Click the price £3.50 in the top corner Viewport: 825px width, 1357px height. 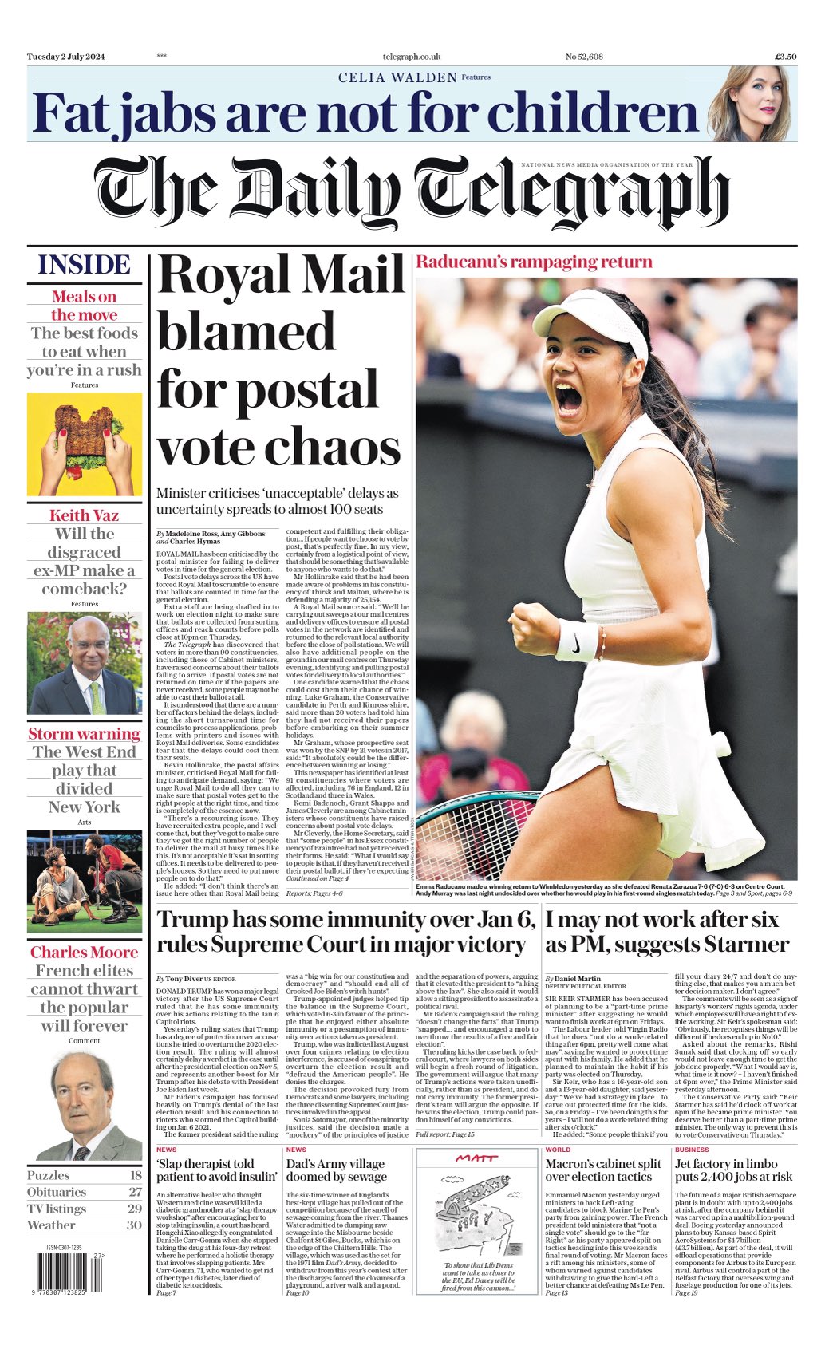click(x=785, y=57)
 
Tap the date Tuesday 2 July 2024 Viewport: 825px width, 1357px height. click(x=66, y=57)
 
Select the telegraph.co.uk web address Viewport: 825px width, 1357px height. click(x=412, y=57)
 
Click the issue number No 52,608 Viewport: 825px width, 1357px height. click(x=584, y=57)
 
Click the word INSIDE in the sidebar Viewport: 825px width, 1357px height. click(x=85, y=265)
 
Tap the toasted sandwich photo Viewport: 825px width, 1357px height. click(x=85, y=444)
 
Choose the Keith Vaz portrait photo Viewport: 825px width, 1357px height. click(x=85, y=663)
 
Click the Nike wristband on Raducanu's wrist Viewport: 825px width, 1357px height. click(x=576, y=640)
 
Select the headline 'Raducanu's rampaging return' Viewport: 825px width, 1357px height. click(x=534, y=262)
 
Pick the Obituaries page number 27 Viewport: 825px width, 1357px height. click(x=135, y=1192)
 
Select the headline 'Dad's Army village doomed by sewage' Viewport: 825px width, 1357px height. click(x=336, y=1170)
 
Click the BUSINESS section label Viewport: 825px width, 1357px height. click(x=692, y=1150)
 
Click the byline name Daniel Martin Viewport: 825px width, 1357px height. click(x=578, y=978)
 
